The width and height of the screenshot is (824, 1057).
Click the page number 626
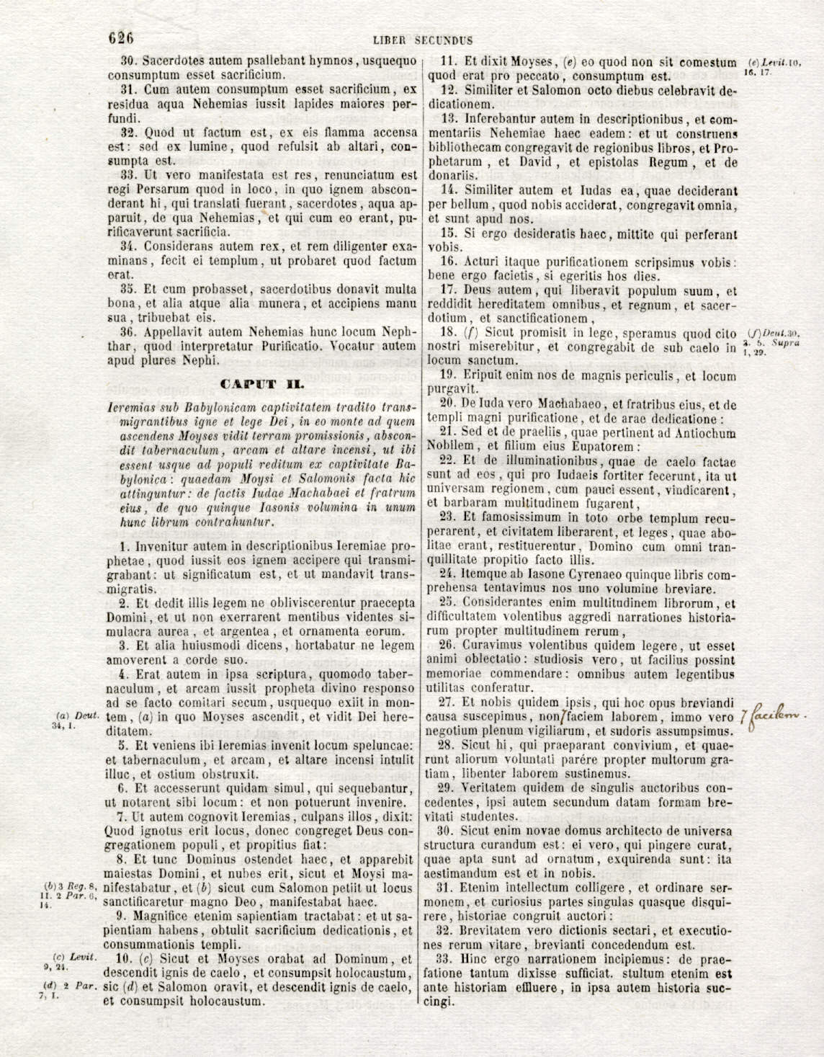pyautogui.click(x=121, y=37)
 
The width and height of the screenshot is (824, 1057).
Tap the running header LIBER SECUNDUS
pyautogui.click(x=423, y=40)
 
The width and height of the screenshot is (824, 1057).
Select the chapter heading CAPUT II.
pyautogui.click(x=261, y=384)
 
